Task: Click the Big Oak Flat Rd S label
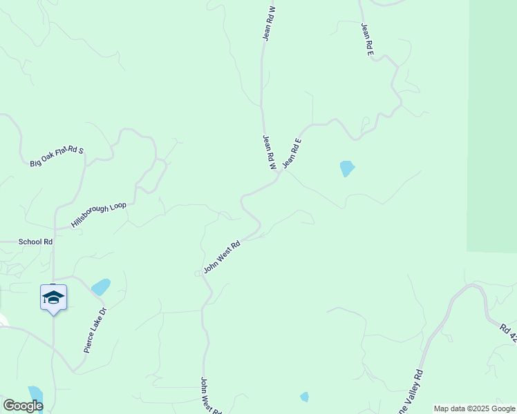(x=57, y=156)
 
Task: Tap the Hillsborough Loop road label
(x=99, y=215)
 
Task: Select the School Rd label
(x=35, y=241)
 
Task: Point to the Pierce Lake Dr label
(x=96, y=330)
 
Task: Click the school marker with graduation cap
(x=53, y=298)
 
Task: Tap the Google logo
(x=23, y=405)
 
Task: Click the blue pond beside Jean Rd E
(x=346, y=168)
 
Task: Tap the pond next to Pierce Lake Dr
(x=101, y=286)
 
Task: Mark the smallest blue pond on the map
(x=304, y=397)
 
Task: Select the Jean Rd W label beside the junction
(x=269, y=152)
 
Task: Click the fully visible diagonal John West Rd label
(x=222, y=256)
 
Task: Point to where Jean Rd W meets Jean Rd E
(x=278, y=175)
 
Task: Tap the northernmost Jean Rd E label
(x=367, y=39)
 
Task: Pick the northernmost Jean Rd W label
(x=269, y=23)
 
